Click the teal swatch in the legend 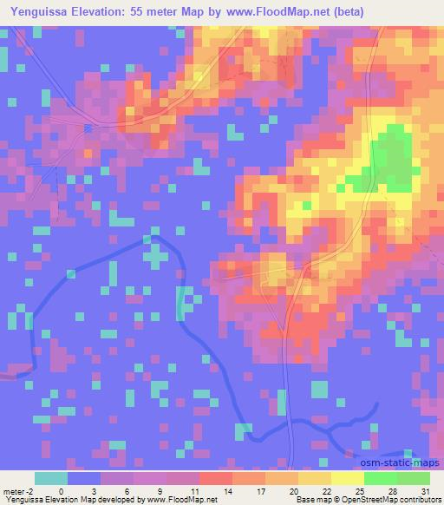click(x=50, y=478)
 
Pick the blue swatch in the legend click(x=83, y=478)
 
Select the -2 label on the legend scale click(x=31, y=491)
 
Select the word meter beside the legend click(x=14, y=491)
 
